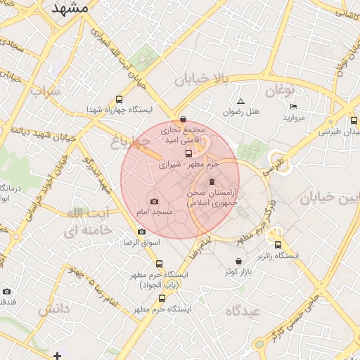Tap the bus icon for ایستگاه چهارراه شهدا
point(118,99)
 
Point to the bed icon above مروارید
point(293,106)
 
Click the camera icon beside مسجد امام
point(155,202)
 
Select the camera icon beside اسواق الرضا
point(141,231)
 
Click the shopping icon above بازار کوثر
point(238,262)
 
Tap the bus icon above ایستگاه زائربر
point(278,245)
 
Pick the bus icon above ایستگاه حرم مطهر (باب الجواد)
point(159,264)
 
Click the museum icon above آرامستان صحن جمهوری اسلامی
point(212,182)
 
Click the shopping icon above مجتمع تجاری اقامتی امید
point(184,120)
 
